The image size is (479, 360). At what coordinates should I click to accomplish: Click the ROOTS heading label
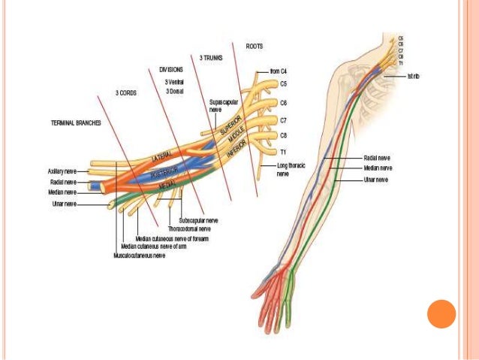click(x=255, y=46)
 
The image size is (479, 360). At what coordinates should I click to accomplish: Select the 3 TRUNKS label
click(x=210, y=57)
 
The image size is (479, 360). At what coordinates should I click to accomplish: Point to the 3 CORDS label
click(x=126, y=93)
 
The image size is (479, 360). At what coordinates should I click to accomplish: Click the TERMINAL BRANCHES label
click(x=77, y=123)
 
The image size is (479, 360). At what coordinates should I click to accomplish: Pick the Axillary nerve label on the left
click(x=61, y=171)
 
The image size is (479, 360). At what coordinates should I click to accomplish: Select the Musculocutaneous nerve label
click(x=139, y=256)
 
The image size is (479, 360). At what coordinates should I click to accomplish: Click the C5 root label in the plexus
click(x=283, y=83)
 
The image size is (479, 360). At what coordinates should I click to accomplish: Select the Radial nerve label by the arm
click(x=377, y=159)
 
